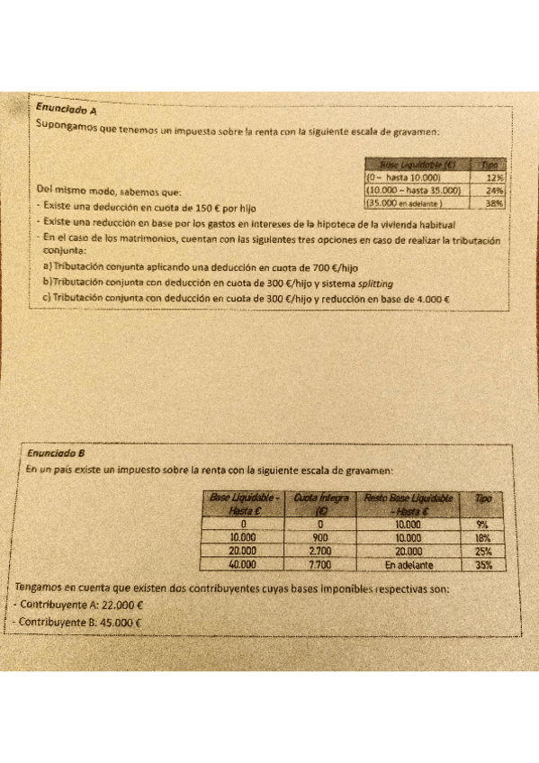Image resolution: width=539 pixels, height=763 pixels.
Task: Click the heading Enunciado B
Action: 55,453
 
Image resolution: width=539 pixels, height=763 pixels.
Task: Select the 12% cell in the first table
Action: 493,177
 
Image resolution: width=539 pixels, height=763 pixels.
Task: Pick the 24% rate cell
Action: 493,190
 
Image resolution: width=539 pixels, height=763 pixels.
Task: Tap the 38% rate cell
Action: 493,203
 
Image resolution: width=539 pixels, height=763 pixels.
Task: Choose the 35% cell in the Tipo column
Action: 484,564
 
